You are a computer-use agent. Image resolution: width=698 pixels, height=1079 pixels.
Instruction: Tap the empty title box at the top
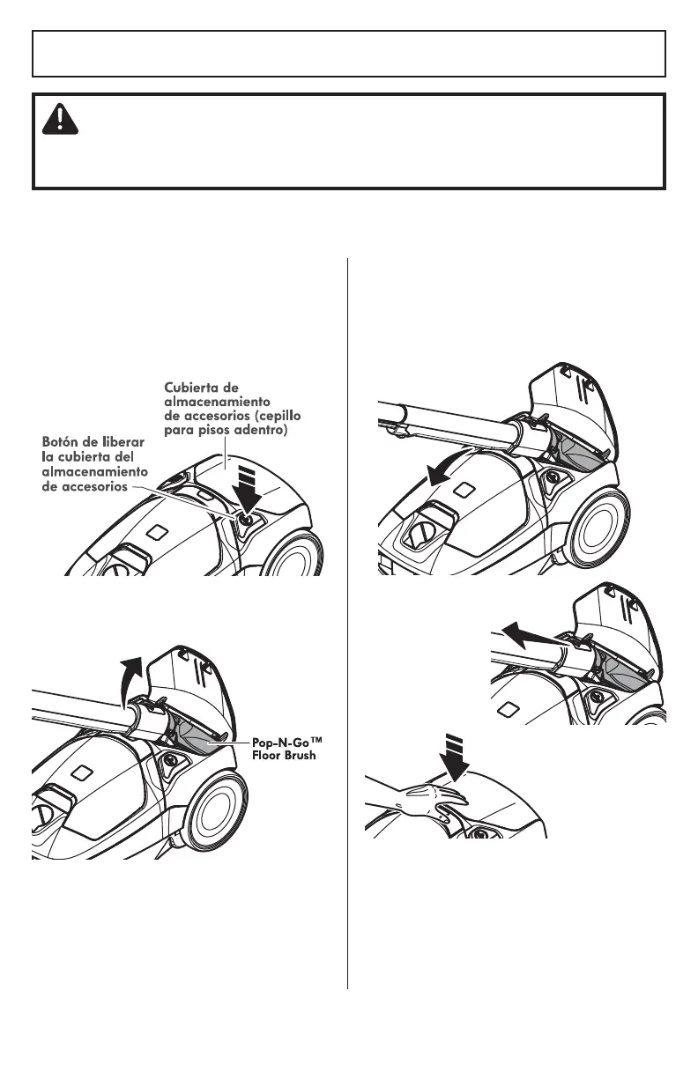(348, 54)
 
